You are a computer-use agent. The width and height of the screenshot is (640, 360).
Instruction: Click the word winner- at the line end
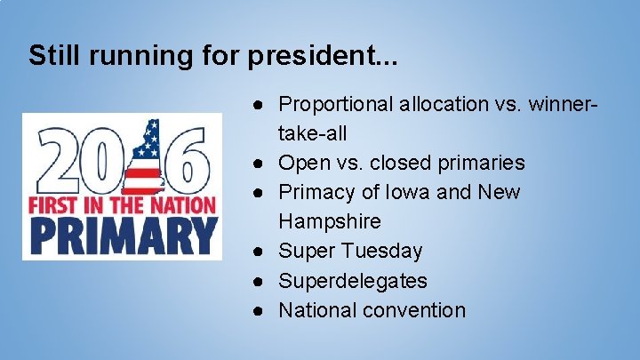(564, 104)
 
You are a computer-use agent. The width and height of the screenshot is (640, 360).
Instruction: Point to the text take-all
(312, 133)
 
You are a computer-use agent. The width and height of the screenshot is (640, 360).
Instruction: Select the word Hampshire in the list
(329, 221)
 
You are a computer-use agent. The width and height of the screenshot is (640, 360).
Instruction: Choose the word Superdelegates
(353, 281)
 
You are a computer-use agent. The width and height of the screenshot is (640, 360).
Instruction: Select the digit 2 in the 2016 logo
(54, 162)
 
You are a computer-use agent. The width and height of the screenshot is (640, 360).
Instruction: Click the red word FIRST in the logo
(53, 204)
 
